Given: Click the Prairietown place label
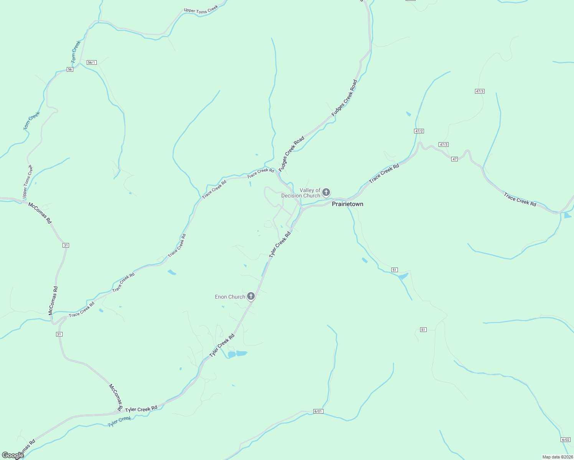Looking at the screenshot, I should [347, 204].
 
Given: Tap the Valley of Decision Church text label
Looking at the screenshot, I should [301, 193].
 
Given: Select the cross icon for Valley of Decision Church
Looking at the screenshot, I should [326, 192].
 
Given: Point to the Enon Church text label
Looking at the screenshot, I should [230, 297].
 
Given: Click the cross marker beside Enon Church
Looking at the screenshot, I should [251, 296].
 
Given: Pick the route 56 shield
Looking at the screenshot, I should [70, 69].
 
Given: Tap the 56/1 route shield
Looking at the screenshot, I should [91, 62].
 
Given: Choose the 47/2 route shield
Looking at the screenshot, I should [419, 131].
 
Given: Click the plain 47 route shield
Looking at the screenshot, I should [454, 159].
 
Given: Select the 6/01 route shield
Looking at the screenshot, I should [318, 411].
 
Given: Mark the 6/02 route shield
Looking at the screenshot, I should [566, 440].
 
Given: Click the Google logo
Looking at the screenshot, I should [12, 455].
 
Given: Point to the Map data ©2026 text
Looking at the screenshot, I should [557, 457].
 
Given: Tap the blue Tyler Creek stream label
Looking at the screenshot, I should [119, 422].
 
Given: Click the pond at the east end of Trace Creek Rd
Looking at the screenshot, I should [567, 215].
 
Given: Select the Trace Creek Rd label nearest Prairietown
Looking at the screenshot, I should [384, 173].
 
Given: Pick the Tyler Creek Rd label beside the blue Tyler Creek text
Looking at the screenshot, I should [141, 409].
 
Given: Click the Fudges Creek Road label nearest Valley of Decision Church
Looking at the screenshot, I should [292, 153].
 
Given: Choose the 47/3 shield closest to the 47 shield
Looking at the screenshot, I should [444, 145].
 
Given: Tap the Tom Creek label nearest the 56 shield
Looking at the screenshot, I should [76, 52].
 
